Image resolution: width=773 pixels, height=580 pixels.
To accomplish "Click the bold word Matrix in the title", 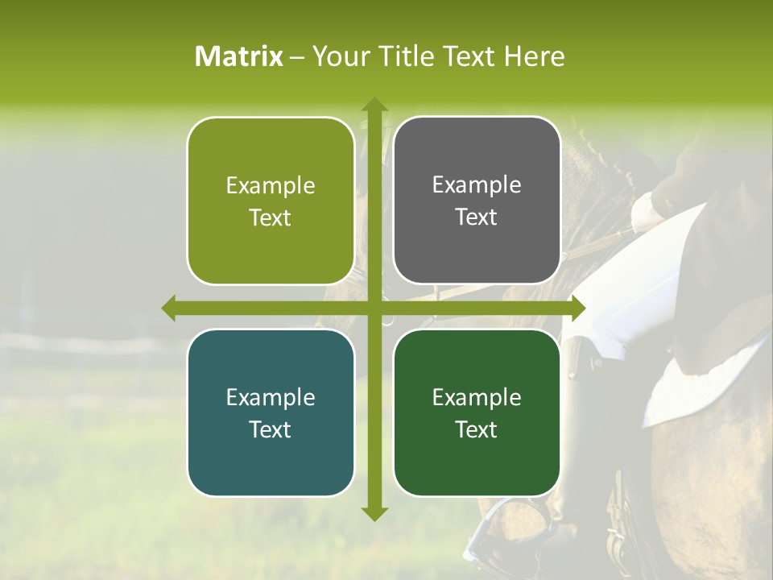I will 239,56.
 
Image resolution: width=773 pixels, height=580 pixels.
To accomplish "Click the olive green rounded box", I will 271,201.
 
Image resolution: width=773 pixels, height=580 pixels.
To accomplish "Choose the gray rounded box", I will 477,201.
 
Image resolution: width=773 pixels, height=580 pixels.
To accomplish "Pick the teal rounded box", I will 271,413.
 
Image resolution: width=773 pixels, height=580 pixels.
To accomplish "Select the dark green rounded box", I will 477,413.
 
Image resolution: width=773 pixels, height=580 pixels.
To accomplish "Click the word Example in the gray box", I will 477,185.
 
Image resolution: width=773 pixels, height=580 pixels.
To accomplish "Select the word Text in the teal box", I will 270,430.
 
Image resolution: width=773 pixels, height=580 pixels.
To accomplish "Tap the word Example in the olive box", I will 271,186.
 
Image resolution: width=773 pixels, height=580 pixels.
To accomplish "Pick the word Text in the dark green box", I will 477,430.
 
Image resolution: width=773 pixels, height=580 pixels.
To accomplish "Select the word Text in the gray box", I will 477,217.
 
